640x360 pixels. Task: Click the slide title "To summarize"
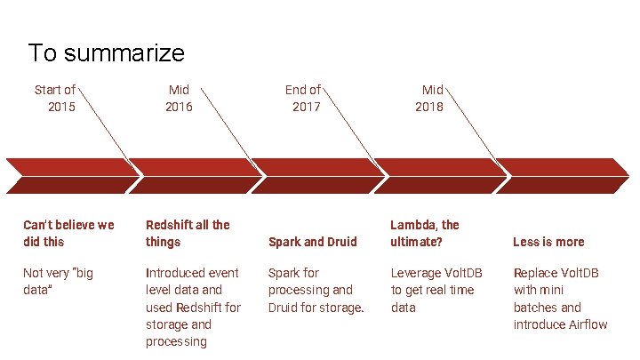pos(106,52)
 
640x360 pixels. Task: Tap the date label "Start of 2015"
pos(55,98)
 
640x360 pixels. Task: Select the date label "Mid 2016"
pos(178,98)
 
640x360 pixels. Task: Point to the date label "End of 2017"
pos(303,98)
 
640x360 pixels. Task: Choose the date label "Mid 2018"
pos(430,98)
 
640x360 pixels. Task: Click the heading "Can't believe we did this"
pos(68,233)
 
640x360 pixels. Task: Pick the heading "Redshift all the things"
pos(188,233)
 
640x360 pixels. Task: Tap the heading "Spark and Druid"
pos(312,242)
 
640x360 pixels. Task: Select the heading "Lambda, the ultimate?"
pos(425,233)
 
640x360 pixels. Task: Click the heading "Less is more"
pos(548,242)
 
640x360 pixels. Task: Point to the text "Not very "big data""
pos(58,281)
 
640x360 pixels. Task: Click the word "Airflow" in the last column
pos(585,324)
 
